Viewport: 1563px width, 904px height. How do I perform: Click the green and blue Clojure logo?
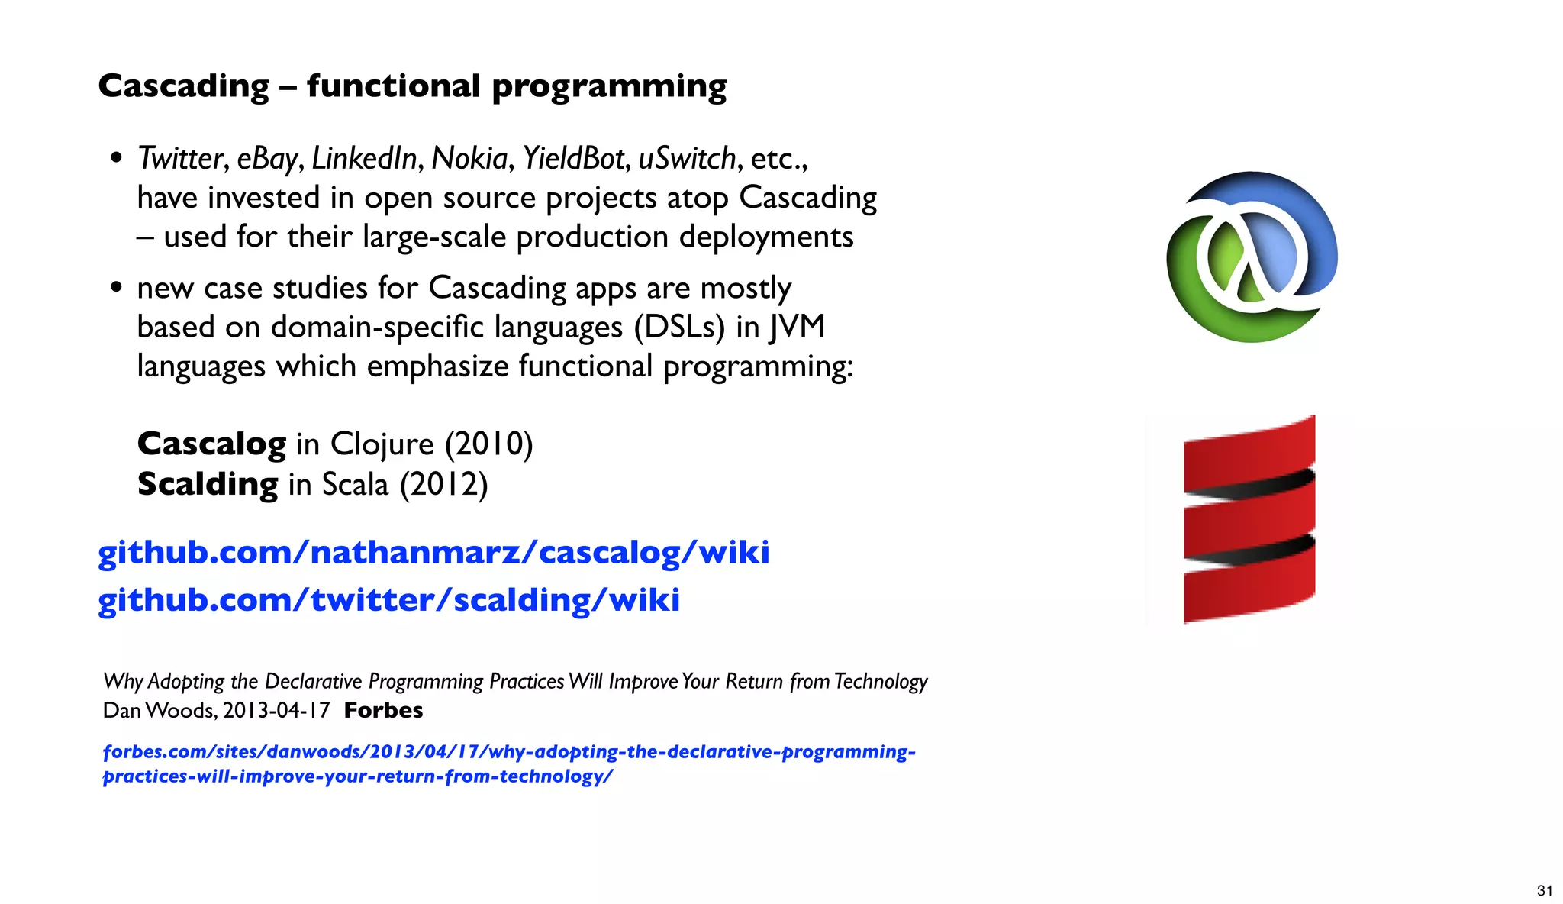(x=1252, y=257)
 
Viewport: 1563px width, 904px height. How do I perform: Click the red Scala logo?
(x=1249, y=519)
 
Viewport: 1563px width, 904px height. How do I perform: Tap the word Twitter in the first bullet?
(x=180, y=158)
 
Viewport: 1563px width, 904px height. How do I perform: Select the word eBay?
(x=266, y=158)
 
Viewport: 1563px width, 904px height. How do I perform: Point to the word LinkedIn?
(x=364, y=158)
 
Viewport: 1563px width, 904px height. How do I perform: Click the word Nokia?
(x=469, y=158)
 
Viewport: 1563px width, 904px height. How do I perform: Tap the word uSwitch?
(x=687, y=158)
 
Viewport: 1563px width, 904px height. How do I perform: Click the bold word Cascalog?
(x=211, y=444)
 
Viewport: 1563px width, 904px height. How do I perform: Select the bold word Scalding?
(x=208, y=484)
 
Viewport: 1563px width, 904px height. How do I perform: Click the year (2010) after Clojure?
(x=488, y=444)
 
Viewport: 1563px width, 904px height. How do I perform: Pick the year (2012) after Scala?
(x=443, y=484)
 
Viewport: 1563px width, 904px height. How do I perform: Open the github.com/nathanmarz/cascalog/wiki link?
(x=433, y=552)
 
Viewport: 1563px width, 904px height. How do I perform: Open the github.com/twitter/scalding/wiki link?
(x=388, y=599)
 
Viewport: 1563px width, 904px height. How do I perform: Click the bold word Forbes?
(x=383, y=710)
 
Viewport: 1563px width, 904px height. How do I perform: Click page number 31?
(x=1544, y=890)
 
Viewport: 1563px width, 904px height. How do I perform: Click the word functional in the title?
(x=394, y=86)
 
